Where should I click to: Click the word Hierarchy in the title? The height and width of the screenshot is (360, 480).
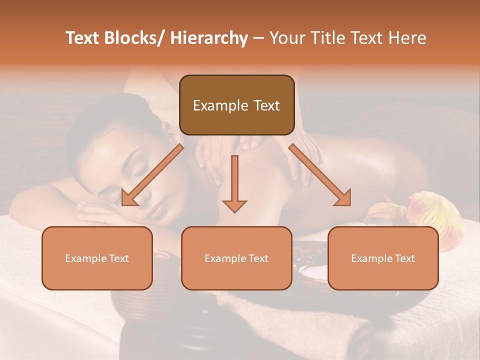coord(209,38)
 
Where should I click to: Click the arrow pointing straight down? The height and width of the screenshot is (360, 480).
coord(234,184)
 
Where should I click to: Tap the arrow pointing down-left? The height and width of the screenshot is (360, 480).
coord(152,175)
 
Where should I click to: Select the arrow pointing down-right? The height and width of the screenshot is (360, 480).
coord(320,175)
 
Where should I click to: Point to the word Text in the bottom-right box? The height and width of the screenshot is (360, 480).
coord(404,258)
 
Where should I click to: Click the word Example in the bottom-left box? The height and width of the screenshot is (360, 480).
coord(85,258)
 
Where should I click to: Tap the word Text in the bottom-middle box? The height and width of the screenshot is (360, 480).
coord(257,258)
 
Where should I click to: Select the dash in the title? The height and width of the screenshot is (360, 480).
coord(258,38)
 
